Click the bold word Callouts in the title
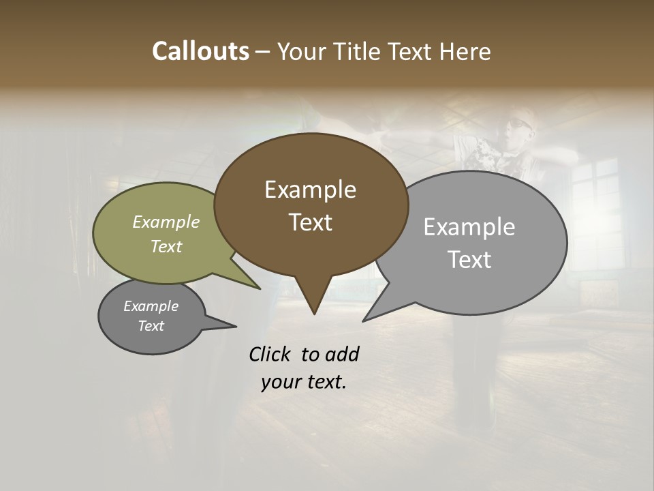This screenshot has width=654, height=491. coord(200,51)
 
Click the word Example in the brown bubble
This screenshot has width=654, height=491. coord(310,190)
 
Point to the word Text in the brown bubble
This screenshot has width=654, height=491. coord(310,222)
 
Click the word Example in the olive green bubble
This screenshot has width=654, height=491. coord(166,222)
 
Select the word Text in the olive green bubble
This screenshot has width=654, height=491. coord(166,246)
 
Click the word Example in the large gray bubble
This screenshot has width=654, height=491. coord(469,227)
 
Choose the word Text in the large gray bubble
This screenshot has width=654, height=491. coord(469,260)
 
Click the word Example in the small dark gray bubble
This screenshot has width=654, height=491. coord(151,306)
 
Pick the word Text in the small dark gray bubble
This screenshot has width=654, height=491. coord(151,326)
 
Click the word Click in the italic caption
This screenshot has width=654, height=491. coord(271,354)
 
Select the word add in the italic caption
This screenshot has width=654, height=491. coord(342,354)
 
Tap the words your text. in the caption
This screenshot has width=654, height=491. coord(304,382)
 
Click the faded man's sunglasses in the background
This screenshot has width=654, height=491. coord(519,125)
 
